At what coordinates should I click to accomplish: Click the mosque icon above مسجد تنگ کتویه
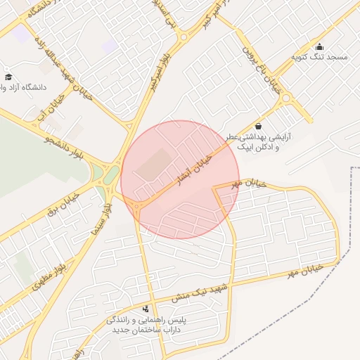[x=320, y=46]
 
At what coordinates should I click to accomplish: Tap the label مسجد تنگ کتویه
[x=320, y=56]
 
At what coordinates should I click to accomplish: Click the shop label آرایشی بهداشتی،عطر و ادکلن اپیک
[x=257, y=143]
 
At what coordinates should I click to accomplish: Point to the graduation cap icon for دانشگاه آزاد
[x=8, y=77]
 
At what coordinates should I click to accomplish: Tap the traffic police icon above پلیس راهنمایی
[x=146, y=309]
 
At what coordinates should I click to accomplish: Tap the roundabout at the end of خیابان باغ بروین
[x=287, y=99]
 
